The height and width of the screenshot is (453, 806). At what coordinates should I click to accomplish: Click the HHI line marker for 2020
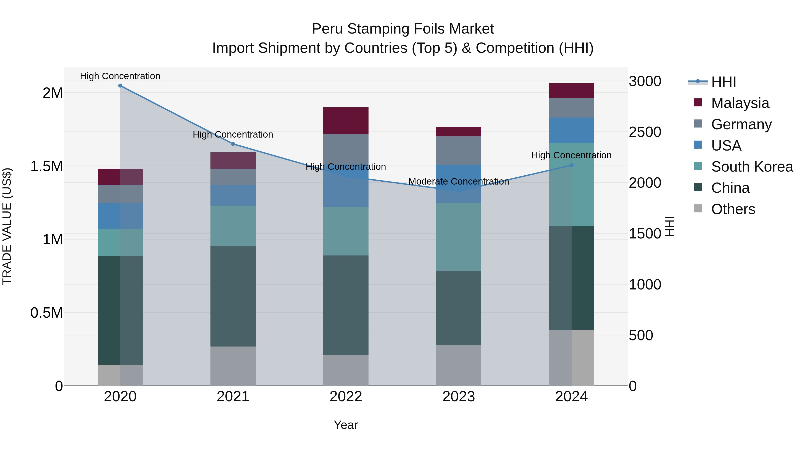click(x=120, y=86)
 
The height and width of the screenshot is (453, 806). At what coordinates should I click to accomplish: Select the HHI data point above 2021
click(x=233, y=144)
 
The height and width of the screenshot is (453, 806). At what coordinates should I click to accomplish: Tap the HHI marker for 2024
click(x=571, y=165)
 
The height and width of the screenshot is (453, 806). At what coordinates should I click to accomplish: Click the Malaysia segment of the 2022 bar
click(x=346, y=121)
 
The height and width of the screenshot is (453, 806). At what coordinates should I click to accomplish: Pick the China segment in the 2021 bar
click(x=233, y=296)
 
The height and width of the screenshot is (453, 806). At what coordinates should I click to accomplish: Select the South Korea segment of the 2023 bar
click(x=459, y=237)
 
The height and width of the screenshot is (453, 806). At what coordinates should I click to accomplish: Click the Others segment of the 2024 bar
click(x=571, y=358)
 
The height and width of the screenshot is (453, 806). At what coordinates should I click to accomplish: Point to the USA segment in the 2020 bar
click(x=120, y=216)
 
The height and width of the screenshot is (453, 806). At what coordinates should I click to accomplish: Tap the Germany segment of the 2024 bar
click(x=571, y=108)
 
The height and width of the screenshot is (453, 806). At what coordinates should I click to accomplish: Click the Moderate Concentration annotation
click(x=459, y=182)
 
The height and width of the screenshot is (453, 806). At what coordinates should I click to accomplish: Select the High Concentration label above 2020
click(x=120, y=76)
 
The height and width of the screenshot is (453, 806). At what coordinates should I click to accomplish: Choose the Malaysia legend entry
click(x=740, y=103)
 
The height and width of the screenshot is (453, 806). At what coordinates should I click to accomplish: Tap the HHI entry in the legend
click(x=723, y=82)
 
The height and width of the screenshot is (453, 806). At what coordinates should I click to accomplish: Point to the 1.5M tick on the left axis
click(x=46, y=166)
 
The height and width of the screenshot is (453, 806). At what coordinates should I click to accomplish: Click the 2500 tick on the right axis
click(x=645, y=132)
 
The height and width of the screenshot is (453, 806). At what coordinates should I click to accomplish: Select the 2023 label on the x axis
click(x=459, y=397)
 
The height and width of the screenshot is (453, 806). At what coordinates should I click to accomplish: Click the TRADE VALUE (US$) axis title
click(x=7, y=226)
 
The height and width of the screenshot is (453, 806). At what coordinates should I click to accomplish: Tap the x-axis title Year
click(x=346, y=425)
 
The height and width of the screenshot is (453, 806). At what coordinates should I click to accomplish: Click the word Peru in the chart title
click(x=327, y=29)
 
